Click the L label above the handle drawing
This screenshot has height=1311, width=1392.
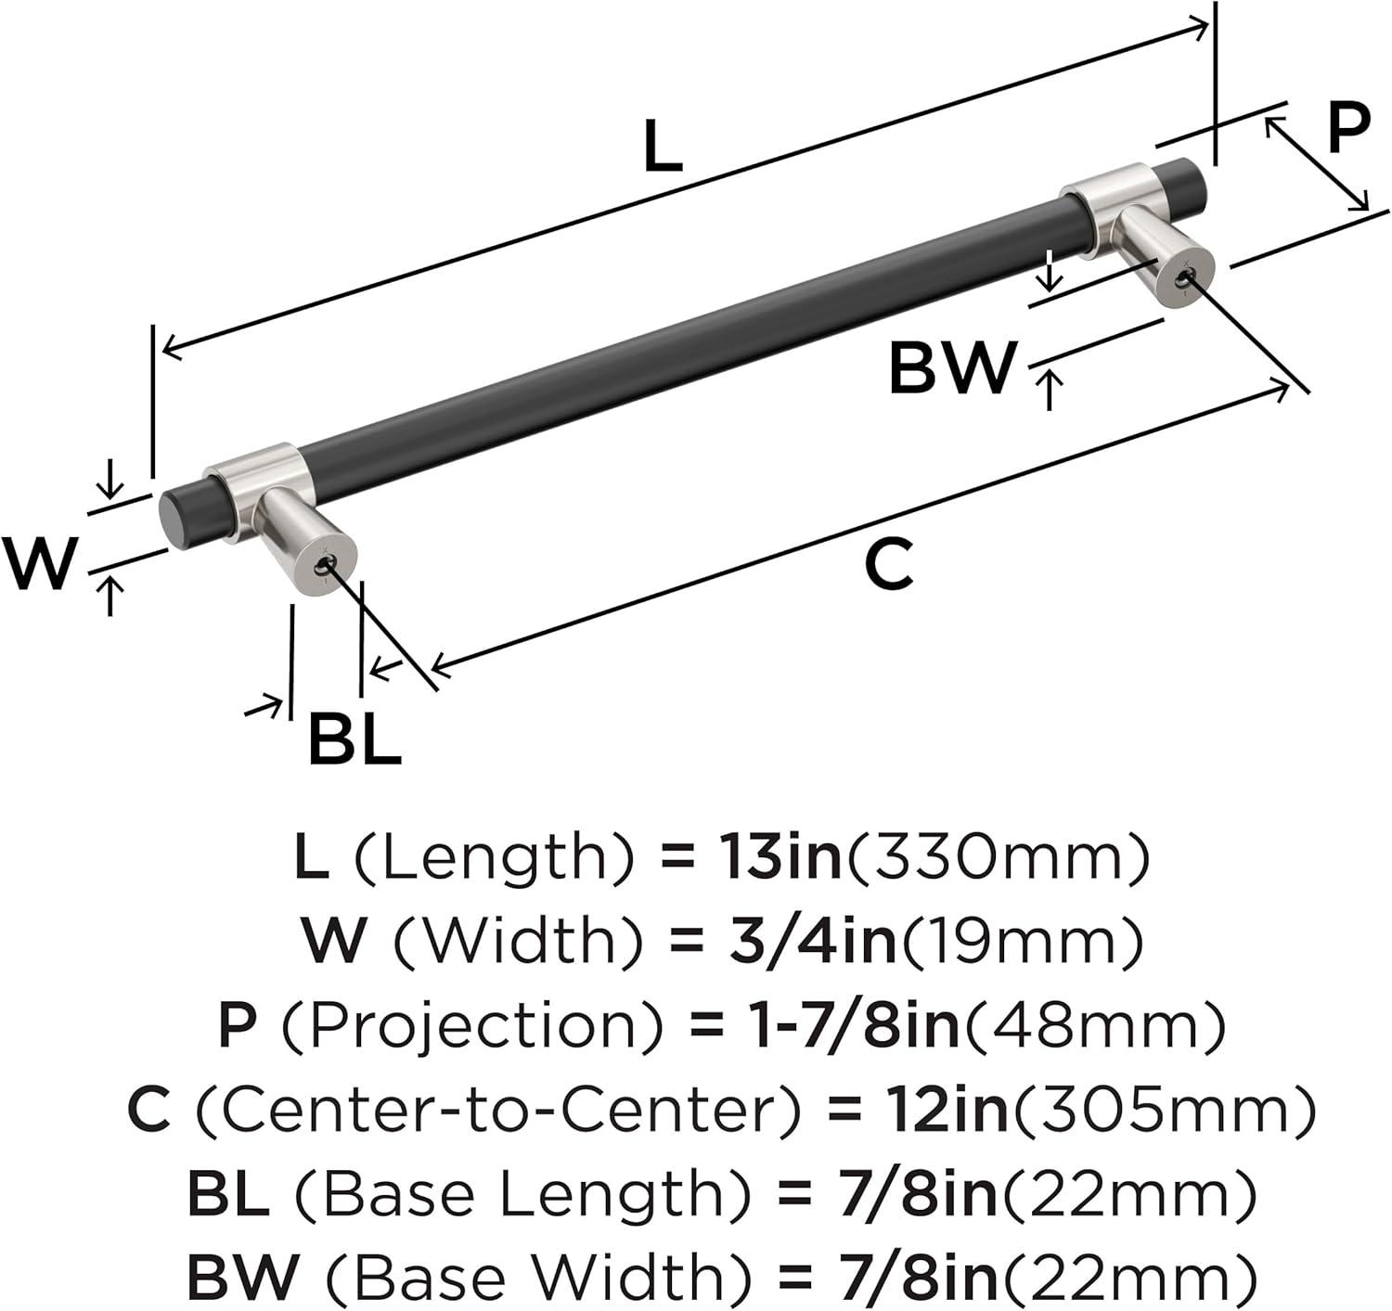click(x=664, y=146)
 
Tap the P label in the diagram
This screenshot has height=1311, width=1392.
click(x=1347, y=128)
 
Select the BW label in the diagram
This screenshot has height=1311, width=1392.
click(x=952, y=368)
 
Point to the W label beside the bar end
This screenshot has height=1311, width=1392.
click(x=40, y=563)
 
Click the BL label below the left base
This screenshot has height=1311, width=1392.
click(x=355, y=738)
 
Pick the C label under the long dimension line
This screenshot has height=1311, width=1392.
click(x=888, y=564)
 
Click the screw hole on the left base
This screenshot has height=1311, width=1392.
click(x=323, y=564)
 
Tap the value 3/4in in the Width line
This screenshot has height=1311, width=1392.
click(x=813, y=940)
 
